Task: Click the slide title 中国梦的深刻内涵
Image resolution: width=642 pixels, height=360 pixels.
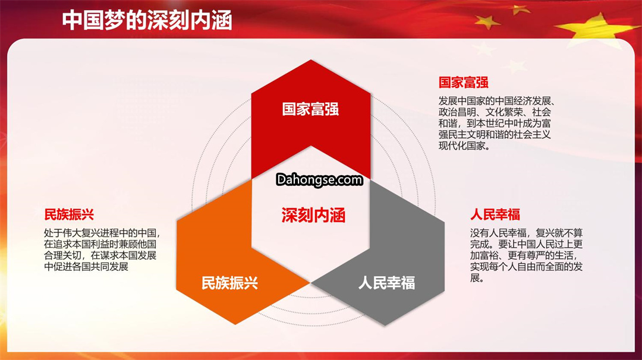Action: coord(147,20)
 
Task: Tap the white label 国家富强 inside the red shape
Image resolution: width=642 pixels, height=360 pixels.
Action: coord(310,109)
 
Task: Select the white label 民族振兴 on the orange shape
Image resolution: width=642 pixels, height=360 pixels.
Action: coord(229,283)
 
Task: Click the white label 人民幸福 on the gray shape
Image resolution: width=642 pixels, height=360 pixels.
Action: coord(386,283)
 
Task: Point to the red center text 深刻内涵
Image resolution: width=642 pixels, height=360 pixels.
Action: coord(313,215)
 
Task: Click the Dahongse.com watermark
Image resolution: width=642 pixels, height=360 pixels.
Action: coord(319,179)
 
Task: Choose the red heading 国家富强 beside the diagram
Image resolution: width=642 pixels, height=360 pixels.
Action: coord(464,82)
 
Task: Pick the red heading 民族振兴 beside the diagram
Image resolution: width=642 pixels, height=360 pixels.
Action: coord(69,214)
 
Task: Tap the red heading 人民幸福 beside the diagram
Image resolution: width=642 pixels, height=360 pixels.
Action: coord(495,214)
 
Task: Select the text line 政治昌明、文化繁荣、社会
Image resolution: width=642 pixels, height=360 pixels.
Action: coord(495,112)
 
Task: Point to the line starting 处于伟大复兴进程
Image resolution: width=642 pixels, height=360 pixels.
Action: coord(102,233)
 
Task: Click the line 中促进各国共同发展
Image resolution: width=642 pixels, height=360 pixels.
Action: coord(86,267)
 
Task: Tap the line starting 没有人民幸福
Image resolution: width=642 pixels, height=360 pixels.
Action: coord(526,233)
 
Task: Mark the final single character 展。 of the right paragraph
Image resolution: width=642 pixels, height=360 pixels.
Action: coord(477,278)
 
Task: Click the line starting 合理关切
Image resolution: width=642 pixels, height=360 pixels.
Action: coord(100,255)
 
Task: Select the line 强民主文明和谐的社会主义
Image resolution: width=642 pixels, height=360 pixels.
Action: coord(495,135)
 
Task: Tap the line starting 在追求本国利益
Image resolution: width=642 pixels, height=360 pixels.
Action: coord(100,245)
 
